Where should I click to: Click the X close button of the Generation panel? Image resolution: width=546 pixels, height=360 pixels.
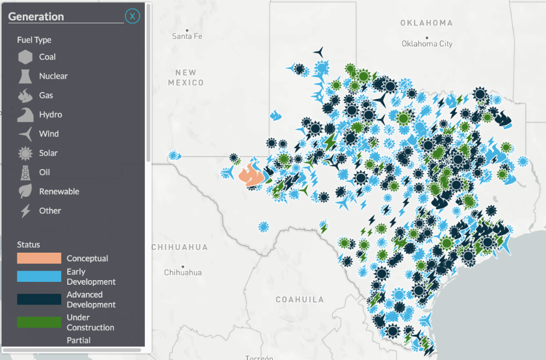133,16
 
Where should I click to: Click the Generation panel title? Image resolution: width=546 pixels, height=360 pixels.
36,17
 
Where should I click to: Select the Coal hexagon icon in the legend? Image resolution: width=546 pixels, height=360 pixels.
25,57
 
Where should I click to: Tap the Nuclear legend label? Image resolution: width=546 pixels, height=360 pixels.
53,76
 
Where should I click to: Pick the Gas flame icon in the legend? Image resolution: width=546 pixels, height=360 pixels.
25,96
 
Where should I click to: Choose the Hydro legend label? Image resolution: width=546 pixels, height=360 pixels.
50,115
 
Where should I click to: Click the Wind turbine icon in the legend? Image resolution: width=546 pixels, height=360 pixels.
25,134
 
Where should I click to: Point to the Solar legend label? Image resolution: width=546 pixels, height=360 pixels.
48,153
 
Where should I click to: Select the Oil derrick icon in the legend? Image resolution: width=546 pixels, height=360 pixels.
25,173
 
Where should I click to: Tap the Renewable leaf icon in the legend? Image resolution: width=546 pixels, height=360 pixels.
25,191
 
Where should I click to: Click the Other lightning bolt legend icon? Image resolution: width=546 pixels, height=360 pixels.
25,211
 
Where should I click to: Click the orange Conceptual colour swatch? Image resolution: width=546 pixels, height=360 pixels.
39,258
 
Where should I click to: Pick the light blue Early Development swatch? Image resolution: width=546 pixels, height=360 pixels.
39,277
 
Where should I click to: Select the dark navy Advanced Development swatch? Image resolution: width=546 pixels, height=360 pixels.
39,299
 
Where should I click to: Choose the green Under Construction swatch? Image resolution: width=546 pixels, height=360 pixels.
39,322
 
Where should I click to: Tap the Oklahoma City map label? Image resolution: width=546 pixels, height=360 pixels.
427,44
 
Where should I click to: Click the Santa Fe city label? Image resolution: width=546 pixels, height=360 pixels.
187,36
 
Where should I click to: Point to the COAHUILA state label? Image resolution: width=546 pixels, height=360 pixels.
300,300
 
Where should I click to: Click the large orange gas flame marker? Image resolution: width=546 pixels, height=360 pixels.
253,174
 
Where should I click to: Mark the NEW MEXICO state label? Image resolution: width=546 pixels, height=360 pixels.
186,78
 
